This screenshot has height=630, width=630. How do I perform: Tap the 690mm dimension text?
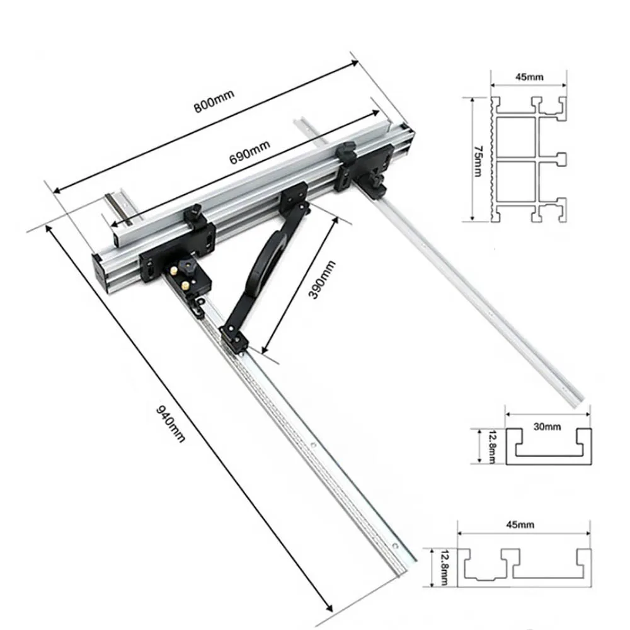pos(249,151)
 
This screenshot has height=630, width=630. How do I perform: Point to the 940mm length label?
pos(170,423)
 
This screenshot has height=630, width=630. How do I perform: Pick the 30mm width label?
pos(546,427)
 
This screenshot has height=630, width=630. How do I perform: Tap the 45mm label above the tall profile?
pos(529,77)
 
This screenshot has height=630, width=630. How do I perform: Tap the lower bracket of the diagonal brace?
pos(232,338)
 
